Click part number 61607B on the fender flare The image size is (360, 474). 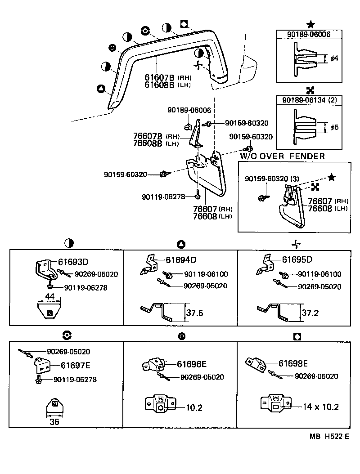click(x=159, y=77)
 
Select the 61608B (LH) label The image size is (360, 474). click(x=159, y=85)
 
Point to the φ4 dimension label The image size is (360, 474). click(x=334, y=58)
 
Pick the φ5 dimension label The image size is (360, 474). click(x=334, y=127)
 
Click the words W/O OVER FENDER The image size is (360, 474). click(x=282, y=157)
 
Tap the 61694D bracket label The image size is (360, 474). click(x=181, y=260)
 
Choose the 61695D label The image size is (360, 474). click(x=297, y=260)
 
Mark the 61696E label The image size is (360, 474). click(x=191, y=364)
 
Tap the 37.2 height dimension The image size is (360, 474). click(x=310, y=313)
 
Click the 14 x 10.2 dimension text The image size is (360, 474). click(x=320, y=407)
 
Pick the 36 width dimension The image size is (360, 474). click(x=54, y=422)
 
